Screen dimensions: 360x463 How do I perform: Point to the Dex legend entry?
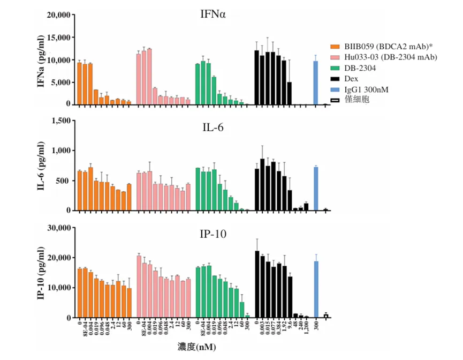(x=352, y=79)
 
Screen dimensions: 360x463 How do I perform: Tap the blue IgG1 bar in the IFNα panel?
(x=316, y=82)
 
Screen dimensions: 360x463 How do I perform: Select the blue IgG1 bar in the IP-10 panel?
(x=316, y=289)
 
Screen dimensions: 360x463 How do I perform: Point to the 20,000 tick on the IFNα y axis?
(x=57, y=15)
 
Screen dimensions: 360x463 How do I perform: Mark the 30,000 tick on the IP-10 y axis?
(x=57, y=228)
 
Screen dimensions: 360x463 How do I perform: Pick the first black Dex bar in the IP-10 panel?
(x=257, y=284)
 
